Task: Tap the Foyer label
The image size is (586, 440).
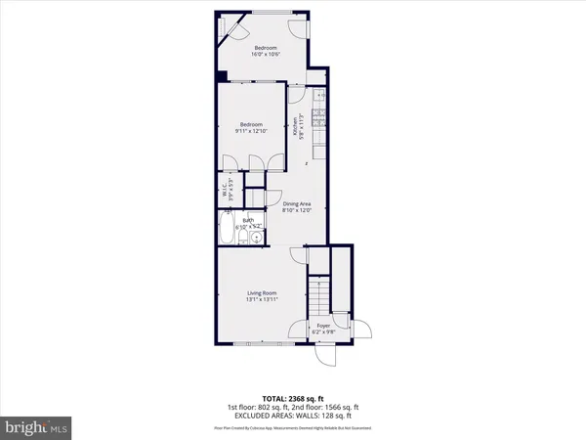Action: pos(322,327)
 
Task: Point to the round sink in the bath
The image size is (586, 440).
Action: pos(255,237)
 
